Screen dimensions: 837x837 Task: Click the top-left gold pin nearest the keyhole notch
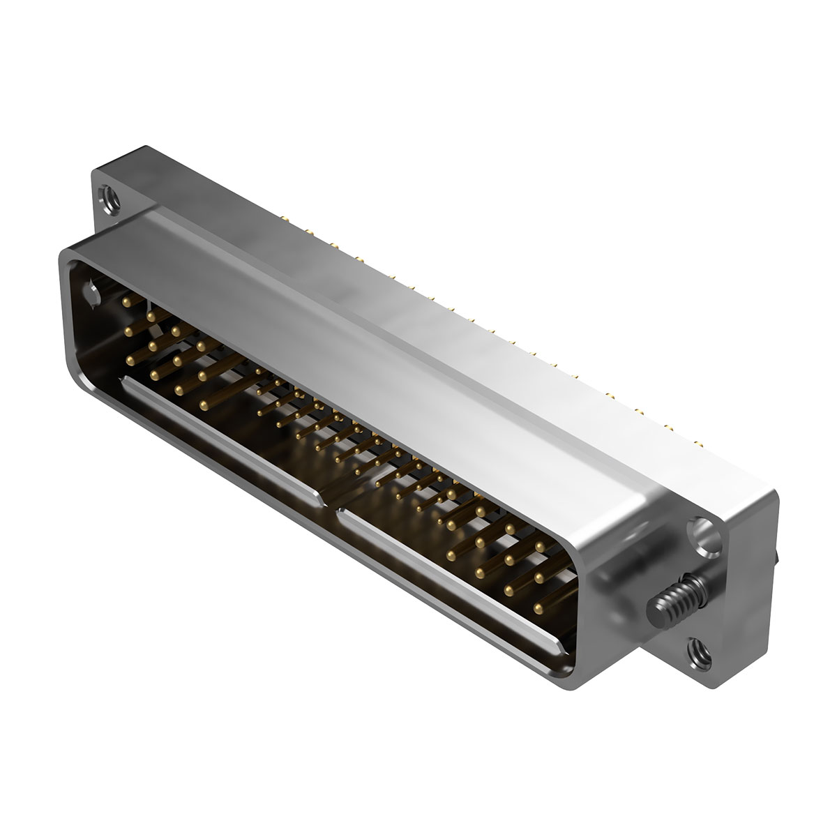point(126,301)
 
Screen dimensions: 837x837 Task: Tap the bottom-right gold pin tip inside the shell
point(538,608)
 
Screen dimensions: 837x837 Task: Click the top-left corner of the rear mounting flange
point(143,148)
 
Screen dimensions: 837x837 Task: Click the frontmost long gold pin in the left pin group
point(204,404)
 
